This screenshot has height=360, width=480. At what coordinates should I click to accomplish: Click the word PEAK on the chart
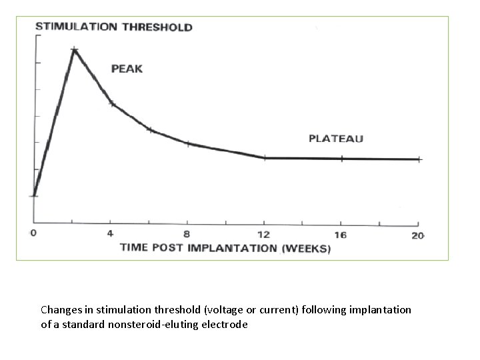[127, 69]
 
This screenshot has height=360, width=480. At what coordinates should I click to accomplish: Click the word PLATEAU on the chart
[336, 139]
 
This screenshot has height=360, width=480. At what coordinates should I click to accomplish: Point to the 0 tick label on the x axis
[33, 234]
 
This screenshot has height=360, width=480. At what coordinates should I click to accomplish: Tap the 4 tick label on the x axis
[111, 234]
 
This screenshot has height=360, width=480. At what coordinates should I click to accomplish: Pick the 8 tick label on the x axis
[187, 234]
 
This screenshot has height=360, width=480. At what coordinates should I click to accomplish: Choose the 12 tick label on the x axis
[265, 234]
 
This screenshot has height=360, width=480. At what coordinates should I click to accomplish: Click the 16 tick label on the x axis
[341, 235]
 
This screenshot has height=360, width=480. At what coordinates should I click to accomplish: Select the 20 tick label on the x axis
[418, 235]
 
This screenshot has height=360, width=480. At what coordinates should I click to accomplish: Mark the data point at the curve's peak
[75, 50]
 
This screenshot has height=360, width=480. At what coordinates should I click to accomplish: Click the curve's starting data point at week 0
[34, 195]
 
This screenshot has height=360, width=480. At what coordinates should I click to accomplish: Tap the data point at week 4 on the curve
[112, 103]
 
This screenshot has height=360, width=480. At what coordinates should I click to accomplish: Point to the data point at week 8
[188, 143]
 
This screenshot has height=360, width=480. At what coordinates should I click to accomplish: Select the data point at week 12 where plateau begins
[265, 158]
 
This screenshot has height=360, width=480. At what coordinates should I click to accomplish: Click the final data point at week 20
[418, 159]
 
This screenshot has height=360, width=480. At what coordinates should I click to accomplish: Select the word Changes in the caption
[60, 310]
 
